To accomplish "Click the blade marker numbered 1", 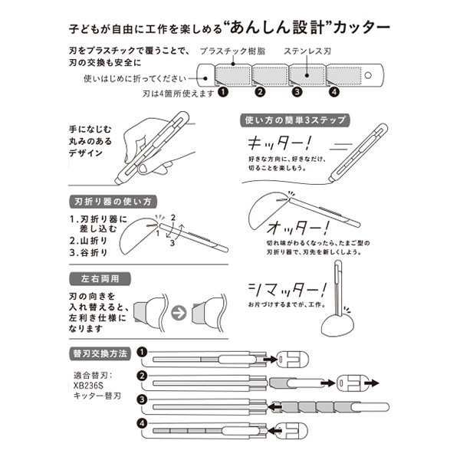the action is click(223, 92).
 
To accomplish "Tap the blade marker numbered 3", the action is click(297, 92).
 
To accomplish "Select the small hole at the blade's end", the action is click(368, 75).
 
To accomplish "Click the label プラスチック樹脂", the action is click(232, 51).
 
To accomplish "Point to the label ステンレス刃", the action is click(307, 51).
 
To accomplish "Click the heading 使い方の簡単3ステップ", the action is click(295, 120).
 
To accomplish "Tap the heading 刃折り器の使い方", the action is click(113, 202).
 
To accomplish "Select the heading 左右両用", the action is click(100, 279).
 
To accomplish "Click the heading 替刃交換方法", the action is click(100, 353).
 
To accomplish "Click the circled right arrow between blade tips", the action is click(179, 313).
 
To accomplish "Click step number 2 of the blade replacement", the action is click(143, 376).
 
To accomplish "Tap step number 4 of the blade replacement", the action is click(143, 424).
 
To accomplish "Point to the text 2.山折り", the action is click(89, 241).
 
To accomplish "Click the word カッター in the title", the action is click(361, 28).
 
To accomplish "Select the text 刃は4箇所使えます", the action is click(179, 94).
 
